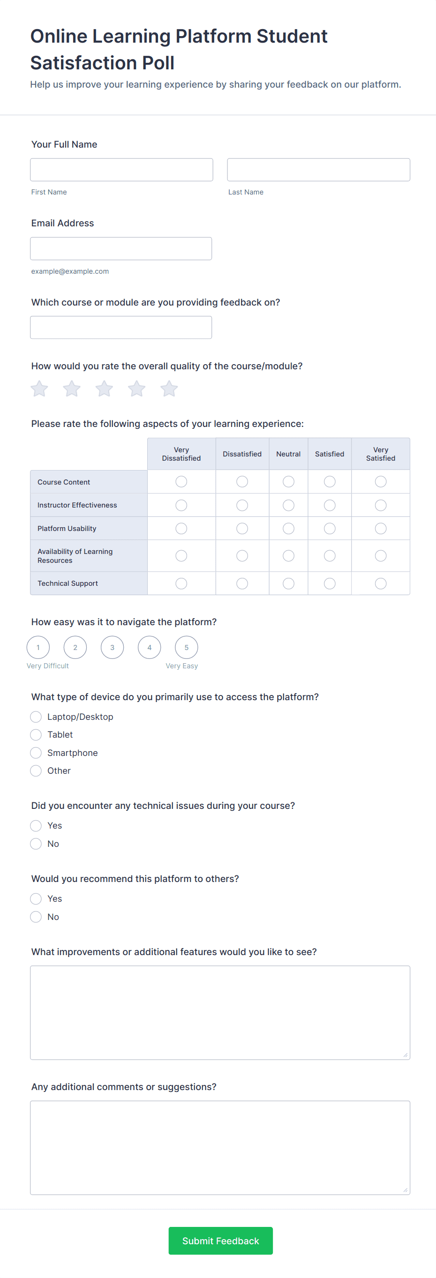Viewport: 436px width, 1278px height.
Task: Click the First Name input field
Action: click(121, 170)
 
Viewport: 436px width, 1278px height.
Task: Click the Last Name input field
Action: click(318, 170)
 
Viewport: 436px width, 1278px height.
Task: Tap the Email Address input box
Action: click(121, 248)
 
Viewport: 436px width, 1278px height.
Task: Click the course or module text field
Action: click(121, 328)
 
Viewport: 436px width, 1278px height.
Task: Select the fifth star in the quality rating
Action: click(169, 389)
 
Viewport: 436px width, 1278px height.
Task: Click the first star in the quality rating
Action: click(40, 389)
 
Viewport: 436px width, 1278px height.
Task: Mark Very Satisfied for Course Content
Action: click(381, 482)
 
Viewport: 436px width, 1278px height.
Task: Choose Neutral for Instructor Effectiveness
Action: click(288, 505)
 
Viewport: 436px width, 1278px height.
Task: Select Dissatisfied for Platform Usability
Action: click(242, 528)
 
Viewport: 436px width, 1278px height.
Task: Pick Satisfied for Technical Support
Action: click(330, 583)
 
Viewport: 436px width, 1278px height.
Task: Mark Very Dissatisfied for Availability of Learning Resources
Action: click(181, 556)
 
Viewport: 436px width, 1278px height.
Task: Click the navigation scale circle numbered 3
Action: click(112, 647)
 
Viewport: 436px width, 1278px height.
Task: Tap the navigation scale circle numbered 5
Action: click(187, 647)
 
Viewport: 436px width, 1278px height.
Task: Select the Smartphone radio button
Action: click(36, 753)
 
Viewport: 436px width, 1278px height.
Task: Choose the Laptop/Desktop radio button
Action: click(36, 717)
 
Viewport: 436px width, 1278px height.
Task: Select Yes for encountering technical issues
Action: click(36, 826)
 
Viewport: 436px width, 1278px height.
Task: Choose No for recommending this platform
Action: click(36, 917)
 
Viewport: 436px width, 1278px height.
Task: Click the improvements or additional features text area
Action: click(220, 1013)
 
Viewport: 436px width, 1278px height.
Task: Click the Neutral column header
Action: click(288, 454)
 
